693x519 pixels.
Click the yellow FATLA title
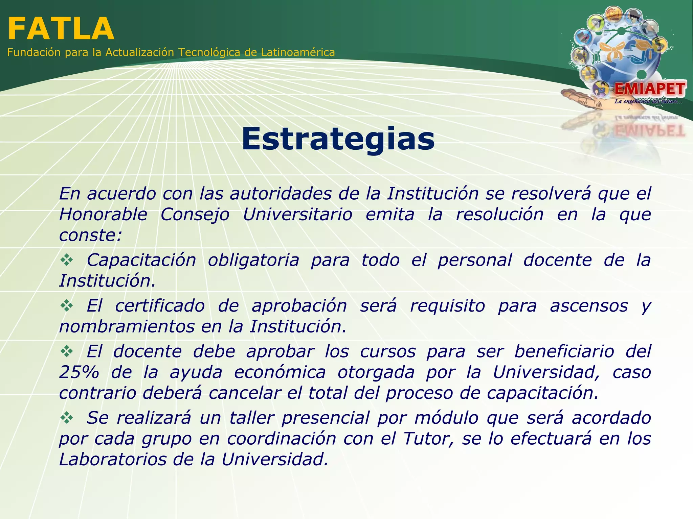(x=61, y=29)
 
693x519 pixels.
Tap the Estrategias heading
(x=338, y=139)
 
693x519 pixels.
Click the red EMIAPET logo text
(x=649, y=89)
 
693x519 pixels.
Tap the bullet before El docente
(x=67, y=352)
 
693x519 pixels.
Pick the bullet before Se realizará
(x=67, y=418)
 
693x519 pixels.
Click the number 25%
(x=79, y=372)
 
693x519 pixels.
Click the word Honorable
(x=103, y=215)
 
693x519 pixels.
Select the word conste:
(x=90, y=235)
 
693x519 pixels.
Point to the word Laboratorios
(x=113, y=460)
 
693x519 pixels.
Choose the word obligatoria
(x=253, y=260)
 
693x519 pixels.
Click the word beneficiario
(x=564, y=351)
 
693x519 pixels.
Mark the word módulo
(x=446, y=418)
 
